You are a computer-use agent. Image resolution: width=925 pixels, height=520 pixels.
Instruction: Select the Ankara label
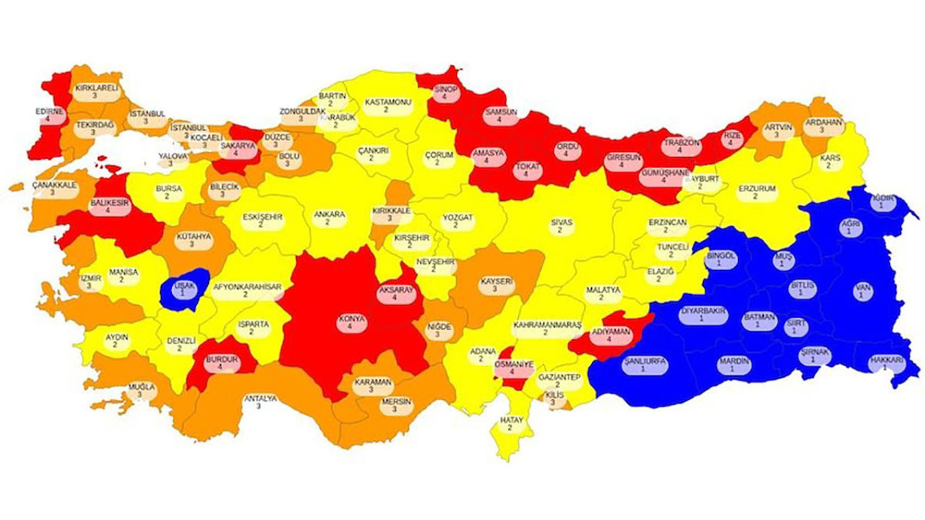pos(329,218)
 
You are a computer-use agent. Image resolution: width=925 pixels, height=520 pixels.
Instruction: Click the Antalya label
pos(259,402)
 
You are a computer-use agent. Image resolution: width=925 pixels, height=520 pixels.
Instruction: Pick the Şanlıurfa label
pos(643,365)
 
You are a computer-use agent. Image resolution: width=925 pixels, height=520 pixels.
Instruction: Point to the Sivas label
pos(560,225)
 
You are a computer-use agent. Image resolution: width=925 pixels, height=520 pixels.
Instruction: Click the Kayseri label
pos(496,285)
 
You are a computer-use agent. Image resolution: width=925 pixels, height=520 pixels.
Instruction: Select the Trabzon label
pos(682,147)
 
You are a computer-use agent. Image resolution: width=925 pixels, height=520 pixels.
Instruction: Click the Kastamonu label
pos(387,105)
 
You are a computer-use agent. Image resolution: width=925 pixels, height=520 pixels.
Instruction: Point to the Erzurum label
pos(757,192)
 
